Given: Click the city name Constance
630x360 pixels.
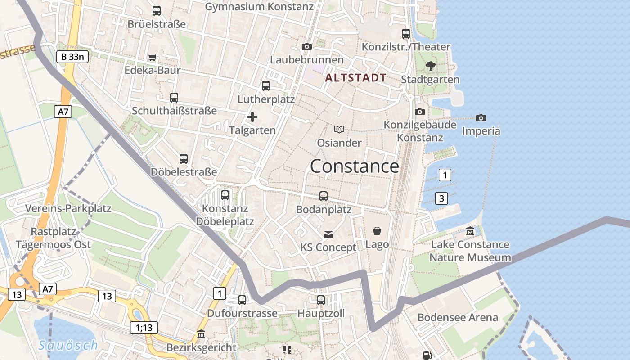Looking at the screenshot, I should click(354, 166).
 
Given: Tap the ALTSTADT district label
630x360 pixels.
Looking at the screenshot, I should click(355, 78).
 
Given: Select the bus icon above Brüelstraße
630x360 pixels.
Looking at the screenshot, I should click(157, 11).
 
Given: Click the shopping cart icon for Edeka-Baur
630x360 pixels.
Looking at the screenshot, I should click(153, 57).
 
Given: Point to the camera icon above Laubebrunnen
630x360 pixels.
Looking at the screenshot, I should click(307, 46).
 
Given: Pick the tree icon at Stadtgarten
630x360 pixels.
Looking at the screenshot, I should click(430, 67).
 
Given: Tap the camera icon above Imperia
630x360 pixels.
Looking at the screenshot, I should click(481, 118).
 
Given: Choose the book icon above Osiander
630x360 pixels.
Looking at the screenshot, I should click(339, 130).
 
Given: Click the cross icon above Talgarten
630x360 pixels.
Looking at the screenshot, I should click(252, 117).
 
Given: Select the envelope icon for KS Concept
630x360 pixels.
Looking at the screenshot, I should click(328, 234).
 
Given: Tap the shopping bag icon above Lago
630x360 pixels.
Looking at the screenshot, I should click(377, 231).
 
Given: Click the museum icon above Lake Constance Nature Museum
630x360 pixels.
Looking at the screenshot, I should click(470, 231).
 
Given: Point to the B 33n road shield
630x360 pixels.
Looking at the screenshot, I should click(72, 57).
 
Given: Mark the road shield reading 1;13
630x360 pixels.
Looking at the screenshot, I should click(144, 328).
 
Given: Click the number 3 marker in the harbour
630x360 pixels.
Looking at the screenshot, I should click(441, 198).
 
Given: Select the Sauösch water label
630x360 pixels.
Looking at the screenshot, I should click(68, 345).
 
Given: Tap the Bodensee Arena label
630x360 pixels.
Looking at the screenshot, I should click(458, 317).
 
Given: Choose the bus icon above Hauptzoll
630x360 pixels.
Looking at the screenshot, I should click(321, 300).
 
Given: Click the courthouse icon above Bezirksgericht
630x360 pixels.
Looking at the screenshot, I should click(201, 334).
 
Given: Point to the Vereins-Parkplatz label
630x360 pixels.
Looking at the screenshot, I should click(68, 208).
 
